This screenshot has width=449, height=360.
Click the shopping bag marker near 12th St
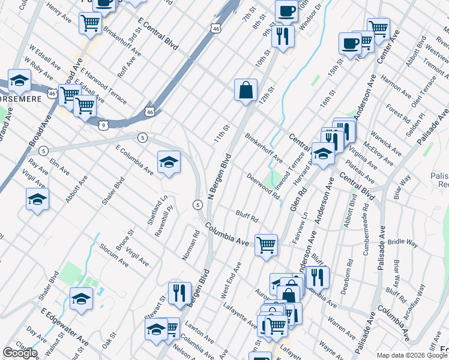(x=246, y=91)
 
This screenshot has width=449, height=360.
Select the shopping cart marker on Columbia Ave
(x=266, y=245)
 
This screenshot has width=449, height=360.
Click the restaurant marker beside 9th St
(x=282, y=35)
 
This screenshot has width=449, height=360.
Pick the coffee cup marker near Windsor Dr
(x=286, y=10)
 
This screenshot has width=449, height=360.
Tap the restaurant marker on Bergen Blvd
(x=179, y=293)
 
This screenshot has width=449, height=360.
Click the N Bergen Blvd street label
(x=219, y=177)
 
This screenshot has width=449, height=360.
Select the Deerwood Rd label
(x=264, y=187)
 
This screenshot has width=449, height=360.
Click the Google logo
(x=20, y=353)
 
